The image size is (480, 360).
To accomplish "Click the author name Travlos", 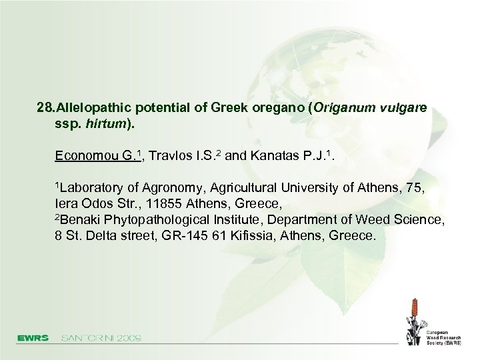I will coord(171,157).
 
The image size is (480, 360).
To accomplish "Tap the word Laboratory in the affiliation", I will coord(93,187).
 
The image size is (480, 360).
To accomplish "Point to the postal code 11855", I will coord(161,203).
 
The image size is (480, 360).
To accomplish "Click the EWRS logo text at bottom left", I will coord(33,338).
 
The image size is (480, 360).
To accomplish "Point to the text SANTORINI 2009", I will coord(101,338).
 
